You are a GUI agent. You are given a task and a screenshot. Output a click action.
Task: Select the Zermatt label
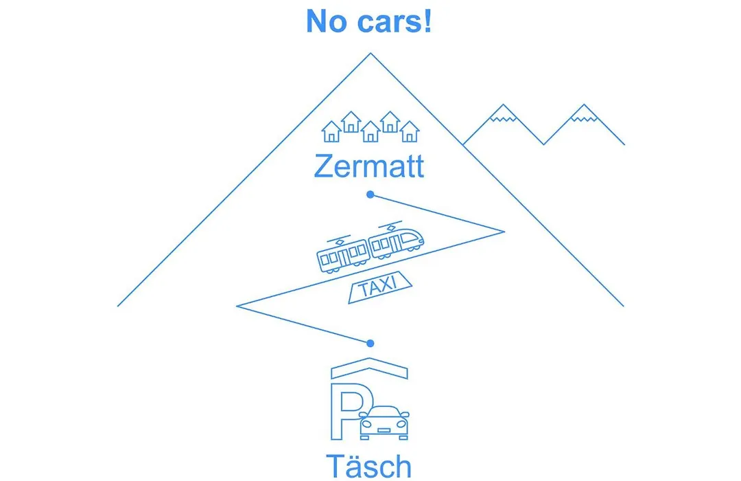[x=369, y=166]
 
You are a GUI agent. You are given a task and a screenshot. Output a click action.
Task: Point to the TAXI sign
[x=380, y=287]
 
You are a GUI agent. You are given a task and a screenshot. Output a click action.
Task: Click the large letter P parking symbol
[x=347, y=412]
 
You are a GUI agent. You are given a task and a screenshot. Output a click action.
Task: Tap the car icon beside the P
[x=384, y=423]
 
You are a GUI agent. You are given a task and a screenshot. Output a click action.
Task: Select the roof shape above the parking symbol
[x=370, y=368]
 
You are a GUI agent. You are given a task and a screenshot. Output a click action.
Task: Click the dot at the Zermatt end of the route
[x=370, y=194]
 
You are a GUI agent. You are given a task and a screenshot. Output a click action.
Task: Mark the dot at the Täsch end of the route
[x=370, y=344]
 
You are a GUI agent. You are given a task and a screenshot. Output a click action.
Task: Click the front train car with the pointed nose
[x=396, y=240]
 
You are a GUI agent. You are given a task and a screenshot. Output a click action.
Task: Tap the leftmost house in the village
[x=331, y=131]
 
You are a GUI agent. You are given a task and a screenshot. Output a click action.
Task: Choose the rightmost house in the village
[x=409, y=131]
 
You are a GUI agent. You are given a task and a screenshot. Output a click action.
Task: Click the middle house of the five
[x=370, y=131]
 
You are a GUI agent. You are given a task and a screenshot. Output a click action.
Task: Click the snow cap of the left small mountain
[x=503, y=113]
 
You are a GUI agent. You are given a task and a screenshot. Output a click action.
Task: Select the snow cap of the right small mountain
[x=584, y=113]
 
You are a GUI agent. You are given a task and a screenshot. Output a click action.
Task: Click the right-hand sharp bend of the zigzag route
[x=504, y=232]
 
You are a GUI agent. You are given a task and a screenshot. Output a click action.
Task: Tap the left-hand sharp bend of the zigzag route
[x=237, y=306]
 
